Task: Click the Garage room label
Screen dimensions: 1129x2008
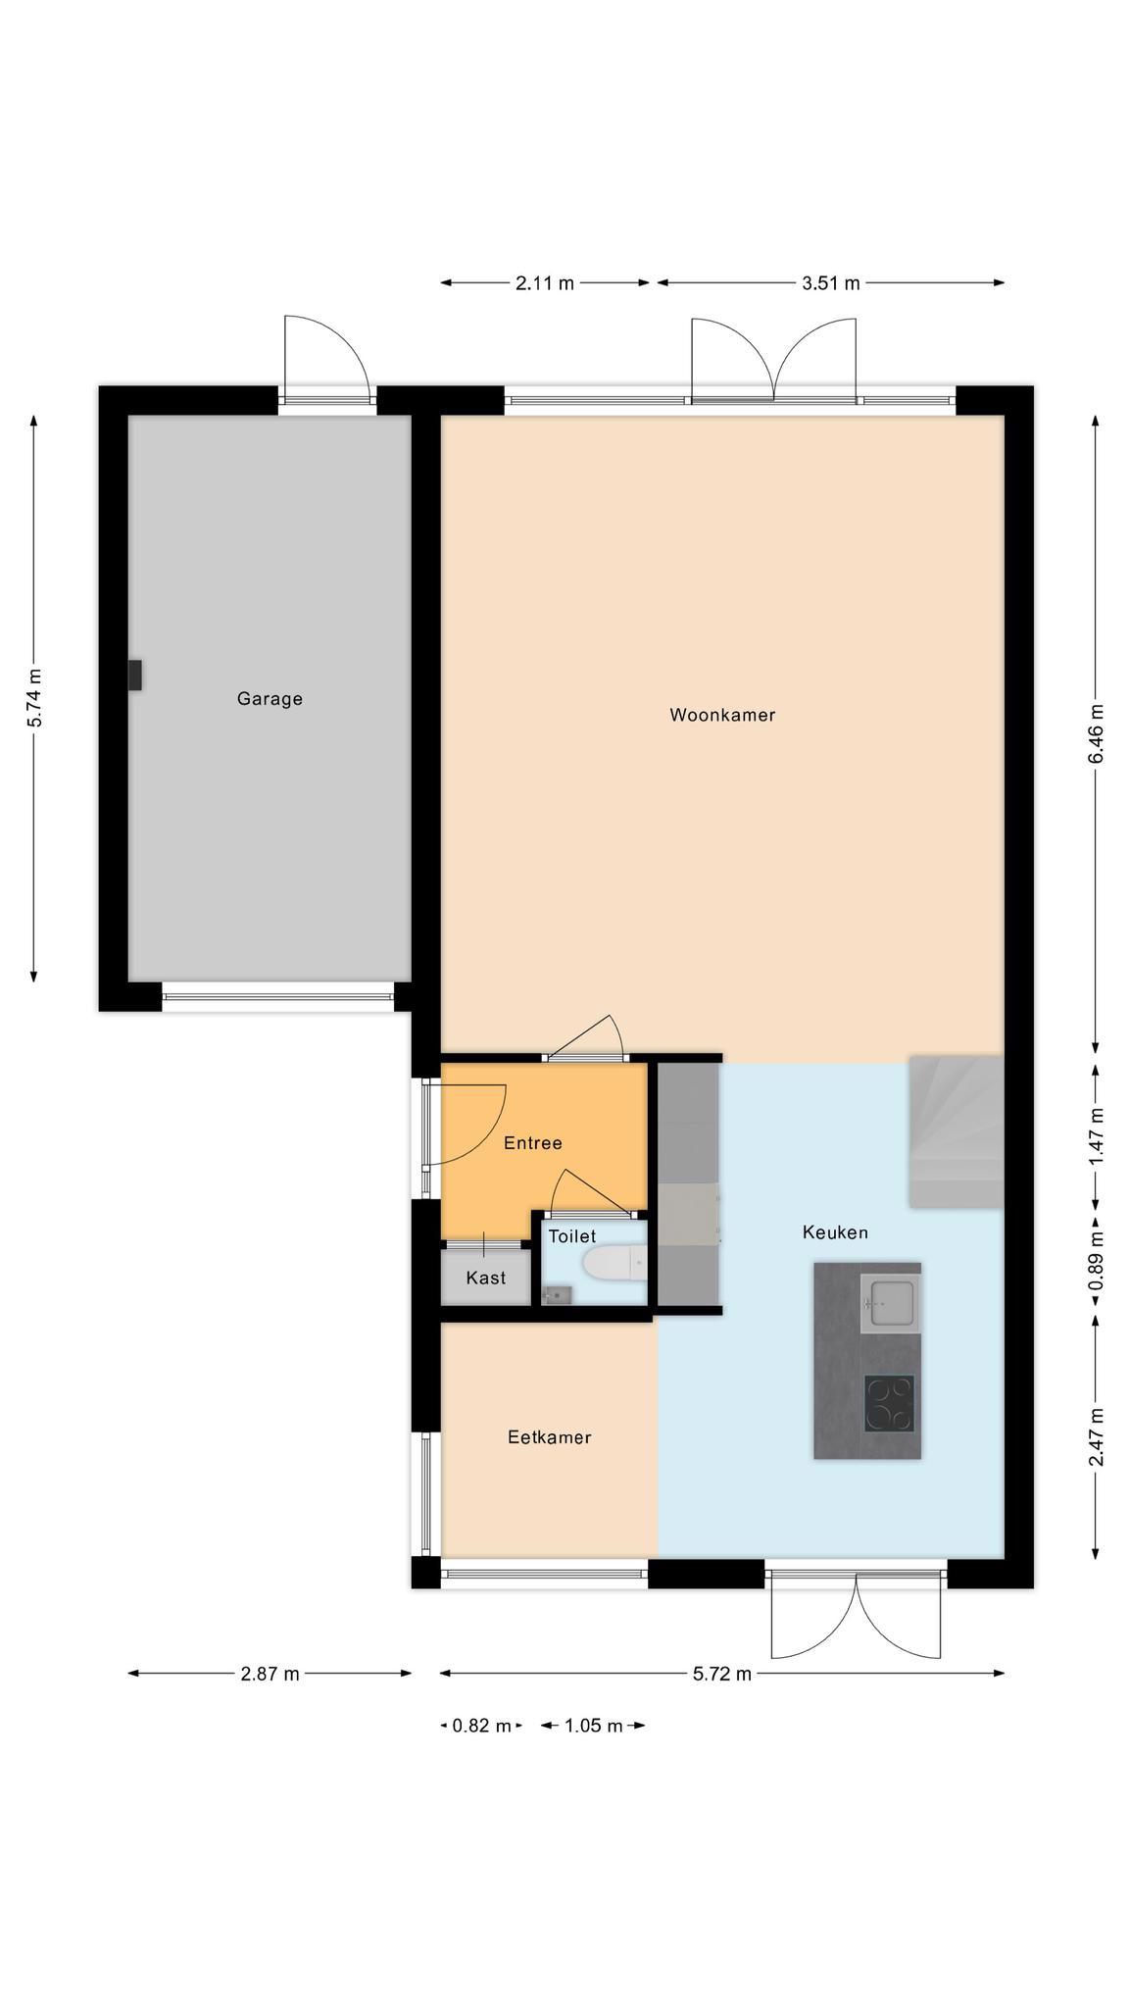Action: pyautogui.click(x=270, y=699)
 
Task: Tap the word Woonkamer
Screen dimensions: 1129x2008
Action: pyautogui.click(x=722, y=715)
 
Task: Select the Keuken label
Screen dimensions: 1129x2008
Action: pyautogui.click(x=835, y=1232)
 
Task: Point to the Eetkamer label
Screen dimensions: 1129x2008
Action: pyautogui.click(x=549, y=1437)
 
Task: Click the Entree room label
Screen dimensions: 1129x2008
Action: pyautogui.click(x=532, y=1143)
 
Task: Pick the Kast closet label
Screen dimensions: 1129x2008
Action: pyautogui.click(x=486, y=1278)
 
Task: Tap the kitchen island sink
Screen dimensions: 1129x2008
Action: pyautogui.click(x=890, y=1303)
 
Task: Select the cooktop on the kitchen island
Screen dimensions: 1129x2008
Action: pyautogui.click(x=889, y=1403)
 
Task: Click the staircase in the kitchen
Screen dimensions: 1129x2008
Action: pyautogui.click(x=957, y=1131)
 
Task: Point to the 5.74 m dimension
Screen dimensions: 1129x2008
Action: pyautogui.click(x=35, y=698)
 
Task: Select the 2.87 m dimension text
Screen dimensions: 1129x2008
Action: pyautogui.click(x=270, y=1674)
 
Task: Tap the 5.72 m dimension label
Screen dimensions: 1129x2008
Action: pyautogui.click(x=722, y=1674)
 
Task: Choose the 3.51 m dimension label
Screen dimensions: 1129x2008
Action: pyautogui.click(x=831, y=283)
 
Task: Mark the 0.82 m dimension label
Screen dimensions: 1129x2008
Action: pyautogui.click(x=481, y=1726)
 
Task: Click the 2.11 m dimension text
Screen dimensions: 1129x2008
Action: pyautogui.click(x=545, y=283)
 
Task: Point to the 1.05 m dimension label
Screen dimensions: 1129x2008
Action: pyautogui.click(x=593, y=1726)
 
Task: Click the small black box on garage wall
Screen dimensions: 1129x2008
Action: pyautogui.click(x=135, y=676)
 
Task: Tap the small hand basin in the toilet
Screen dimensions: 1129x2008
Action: pyautogui.click(x=554, y=1295)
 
